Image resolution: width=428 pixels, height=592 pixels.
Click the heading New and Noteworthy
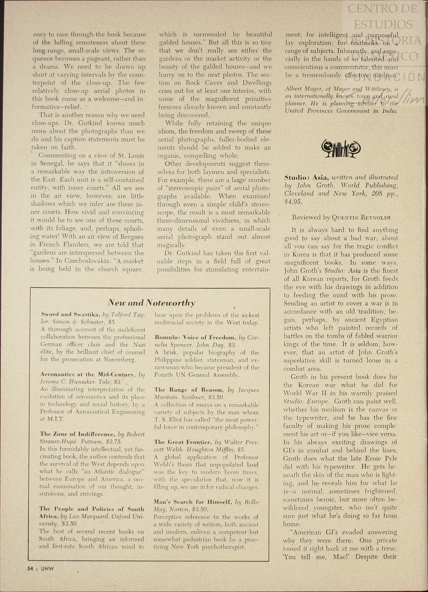(151, 302)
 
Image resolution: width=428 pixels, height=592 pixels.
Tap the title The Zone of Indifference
(77, 434)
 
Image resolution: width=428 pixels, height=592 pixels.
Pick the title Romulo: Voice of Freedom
(195, 337)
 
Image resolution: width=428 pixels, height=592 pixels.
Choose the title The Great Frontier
(183, 442)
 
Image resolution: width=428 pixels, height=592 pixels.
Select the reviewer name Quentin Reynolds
(361, 218)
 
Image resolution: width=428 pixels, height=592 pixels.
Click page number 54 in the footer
(30, 568)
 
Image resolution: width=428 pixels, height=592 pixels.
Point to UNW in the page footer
(47, 568)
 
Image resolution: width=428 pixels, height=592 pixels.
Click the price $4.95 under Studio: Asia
(293, 202)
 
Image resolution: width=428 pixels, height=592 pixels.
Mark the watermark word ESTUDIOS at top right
(383, 24)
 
